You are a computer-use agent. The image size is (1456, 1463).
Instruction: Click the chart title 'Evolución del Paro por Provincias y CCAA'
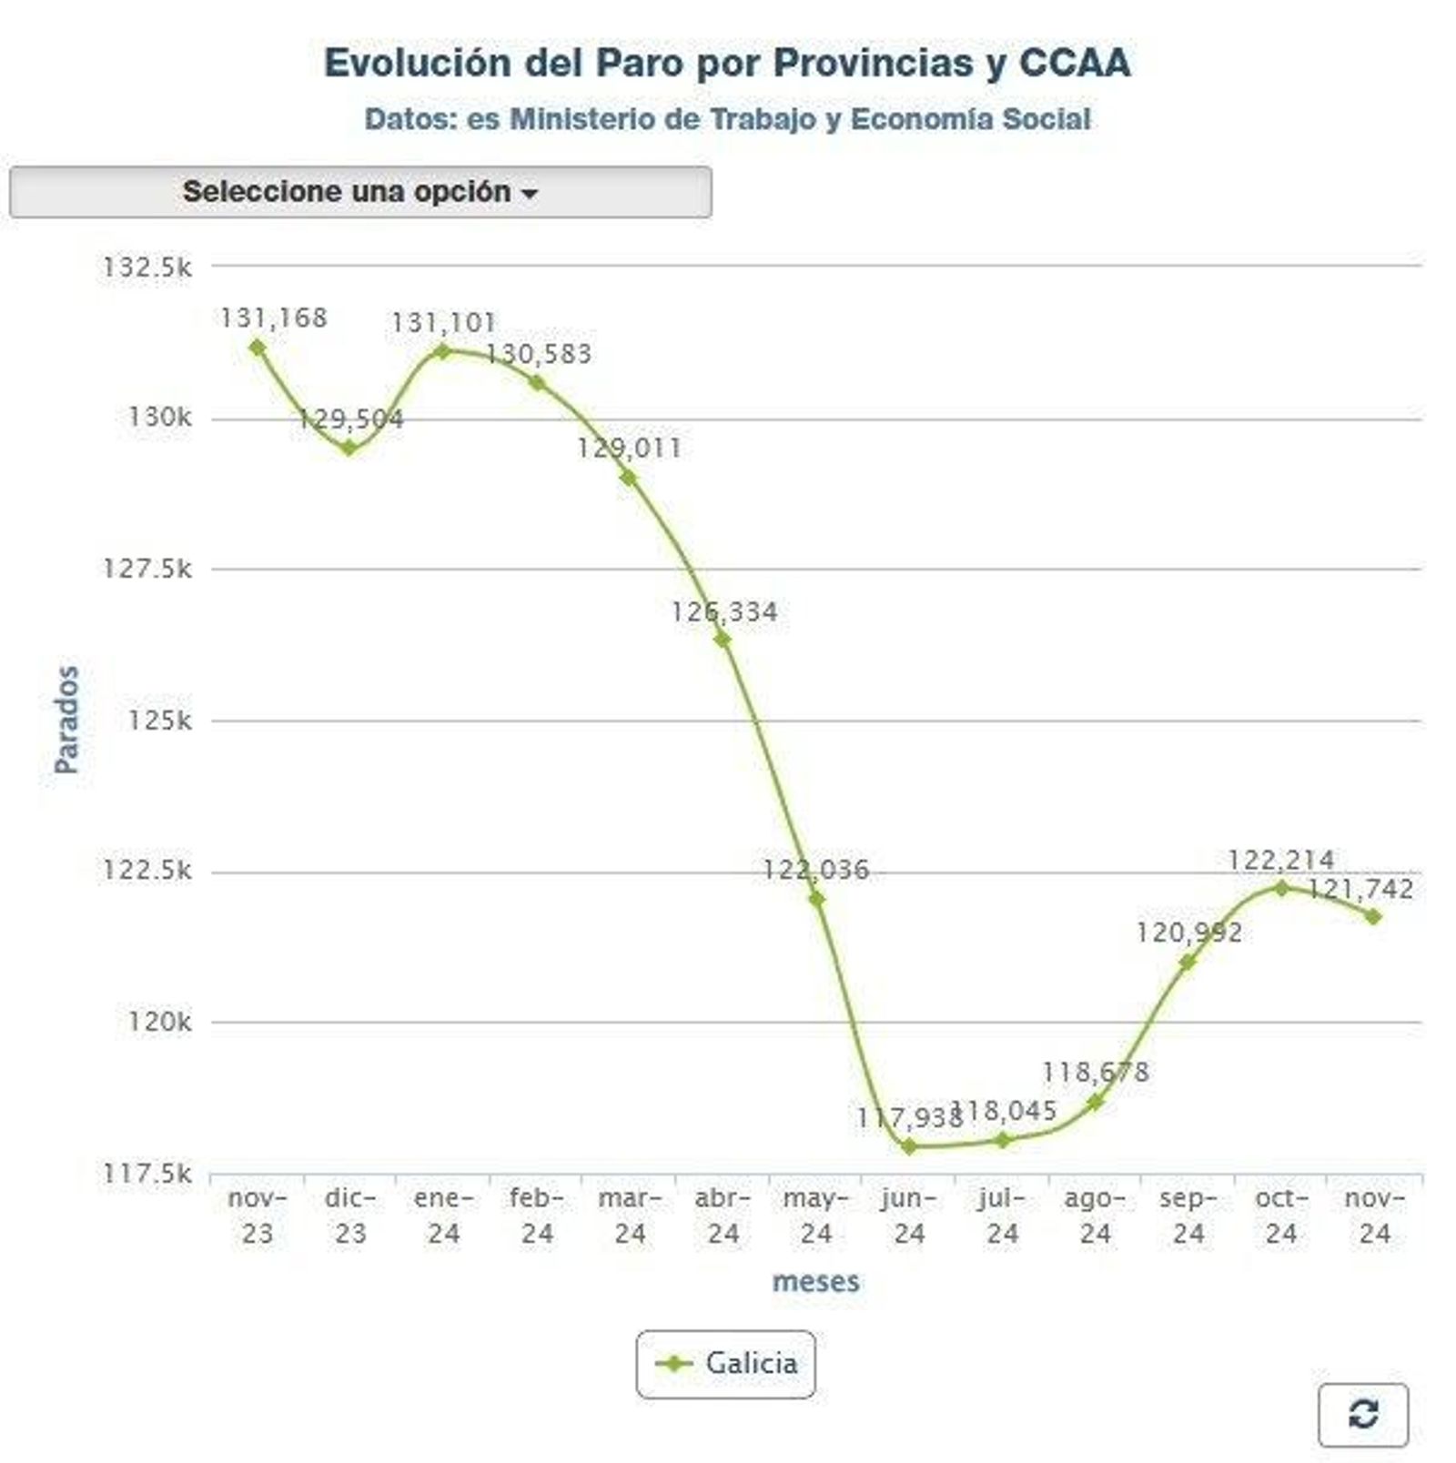(x=727, y=63)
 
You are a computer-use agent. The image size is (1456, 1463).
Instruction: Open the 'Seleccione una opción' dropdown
(x=360, y=192)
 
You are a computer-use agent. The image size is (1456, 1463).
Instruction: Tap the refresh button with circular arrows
(x=1362, y=1414)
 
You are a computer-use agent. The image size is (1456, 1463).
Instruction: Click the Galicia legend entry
(x=726, y=1364)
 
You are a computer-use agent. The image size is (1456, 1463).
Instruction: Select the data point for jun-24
(x=908, y=1146)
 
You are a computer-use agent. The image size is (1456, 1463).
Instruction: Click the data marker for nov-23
(x=258, y=348)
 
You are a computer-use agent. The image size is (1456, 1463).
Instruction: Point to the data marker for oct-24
(x=1281, y=888)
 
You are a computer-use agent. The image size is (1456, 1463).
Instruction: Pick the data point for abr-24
(x=723, y=640)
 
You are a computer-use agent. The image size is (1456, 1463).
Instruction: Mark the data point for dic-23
(x=350, y=448)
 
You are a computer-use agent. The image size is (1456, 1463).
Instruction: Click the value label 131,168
(x=273, y=318)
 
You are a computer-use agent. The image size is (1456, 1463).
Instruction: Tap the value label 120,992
(x=1188, y=933)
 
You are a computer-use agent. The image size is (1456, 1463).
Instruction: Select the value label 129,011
(x=629, y=448)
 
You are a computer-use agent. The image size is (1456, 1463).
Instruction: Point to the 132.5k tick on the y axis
(x=147, y=267)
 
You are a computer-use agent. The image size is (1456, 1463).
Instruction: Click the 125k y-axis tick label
(x=159, y=721)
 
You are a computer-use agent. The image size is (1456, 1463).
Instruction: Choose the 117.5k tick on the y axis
(x=147, y=1174)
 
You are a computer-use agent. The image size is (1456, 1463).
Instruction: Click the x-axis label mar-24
(x=630, y=1216)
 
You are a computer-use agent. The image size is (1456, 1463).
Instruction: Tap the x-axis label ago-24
(x=1095, y=1216)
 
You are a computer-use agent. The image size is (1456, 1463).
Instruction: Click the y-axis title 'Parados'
(x=66, y=720)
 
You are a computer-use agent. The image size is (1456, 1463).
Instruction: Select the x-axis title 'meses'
(x=815, y=1282)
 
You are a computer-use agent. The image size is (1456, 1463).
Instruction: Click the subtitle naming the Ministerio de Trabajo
(x=727, y=119)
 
